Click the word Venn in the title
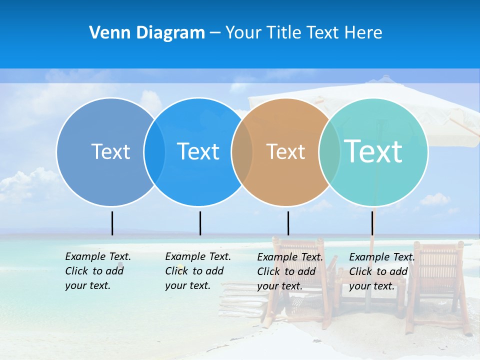coord(106,33)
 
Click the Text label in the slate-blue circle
coord(110,151)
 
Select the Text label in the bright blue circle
coord(198,151)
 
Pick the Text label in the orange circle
coord(285,151)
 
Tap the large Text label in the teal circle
coord(373,151)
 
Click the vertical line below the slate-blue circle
coord(112,223)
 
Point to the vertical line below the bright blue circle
coord(200,223)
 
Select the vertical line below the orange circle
coord(288,223)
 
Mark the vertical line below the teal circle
coord(372,223)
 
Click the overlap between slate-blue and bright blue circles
coord(154,151)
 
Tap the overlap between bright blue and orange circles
coord(242,151)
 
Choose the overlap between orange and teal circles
coord(329,151)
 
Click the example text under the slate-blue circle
coord(97,271)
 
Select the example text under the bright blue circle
coord(197,271)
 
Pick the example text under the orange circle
coord(289,271)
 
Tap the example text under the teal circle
coord(381,271)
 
